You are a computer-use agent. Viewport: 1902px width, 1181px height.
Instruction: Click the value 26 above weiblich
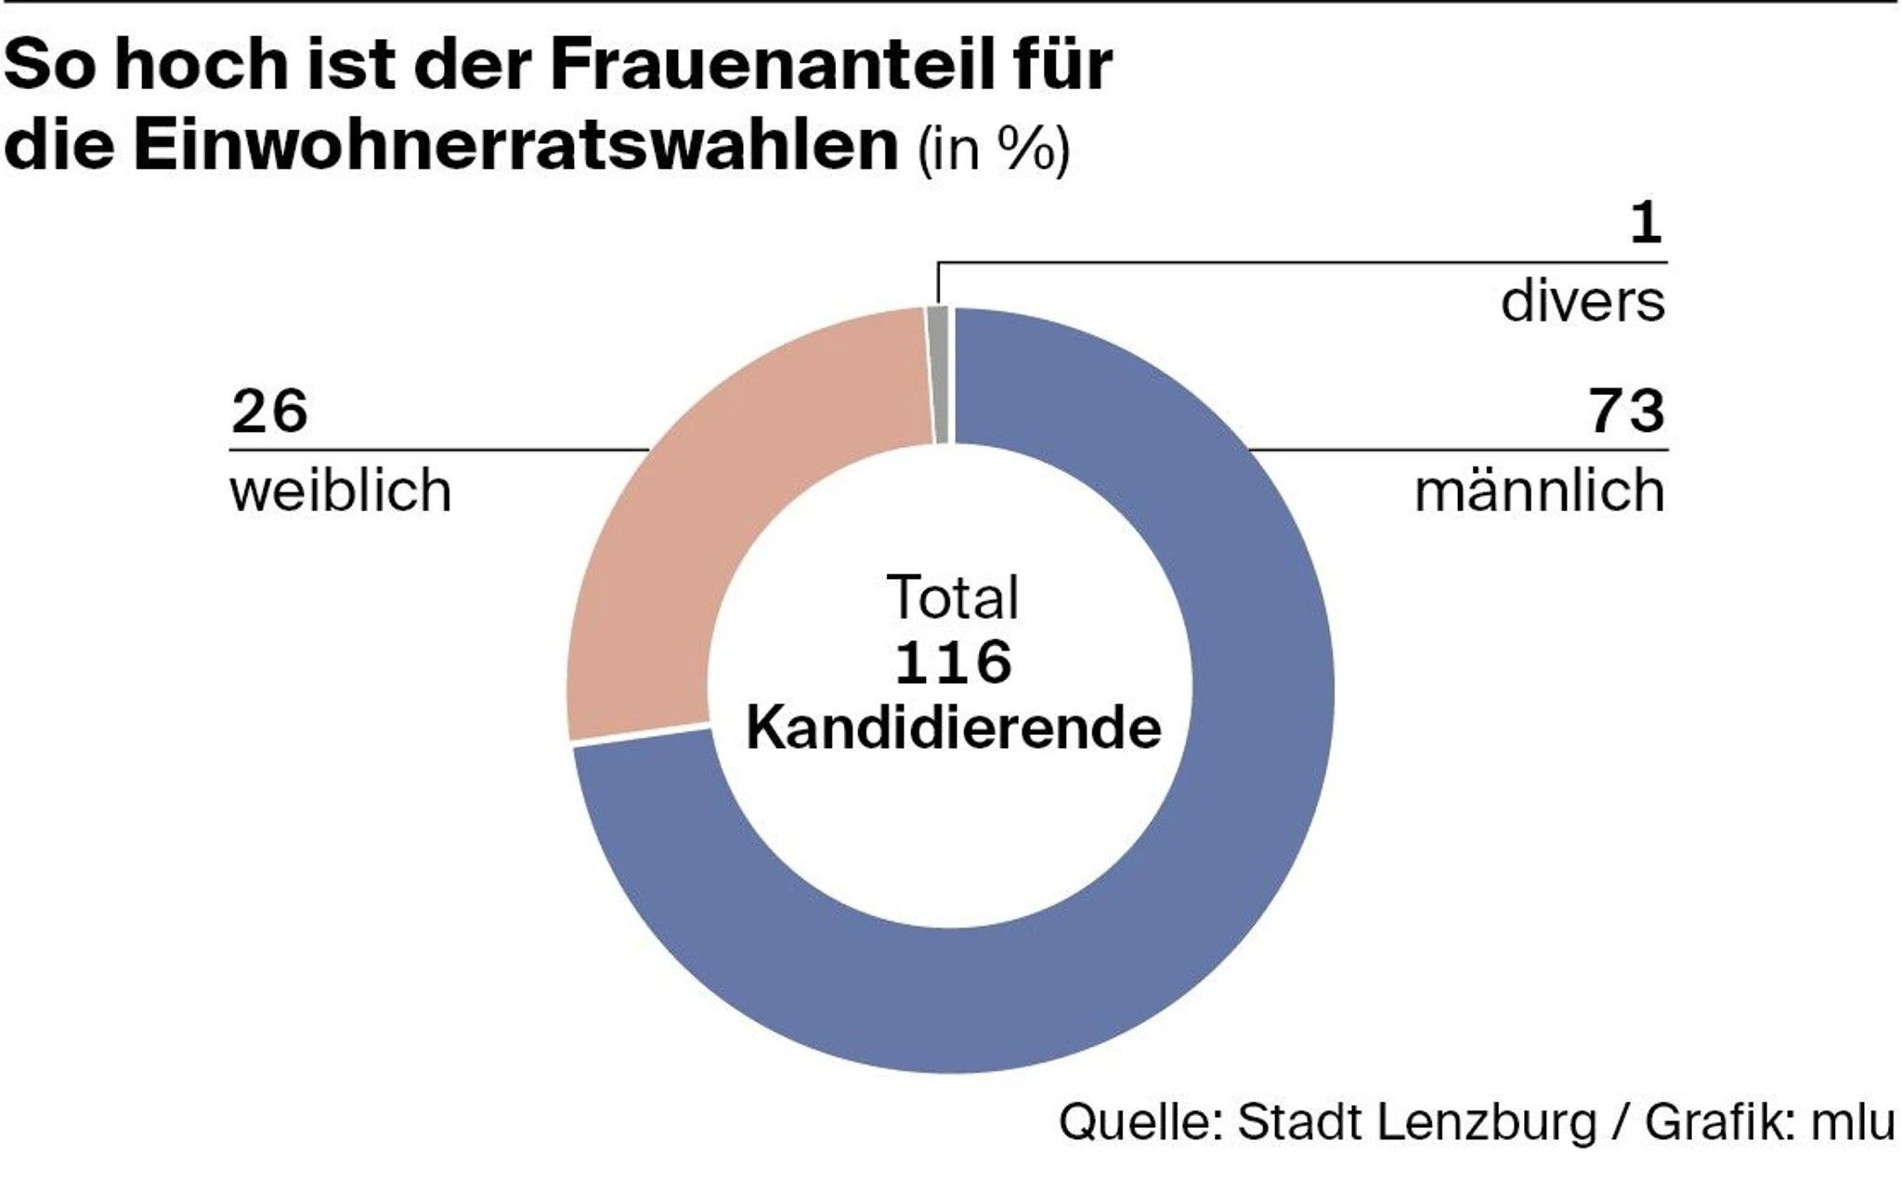coord(269,412)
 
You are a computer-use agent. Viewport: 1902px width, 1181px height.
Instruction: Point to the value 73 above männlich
coord(1626,412)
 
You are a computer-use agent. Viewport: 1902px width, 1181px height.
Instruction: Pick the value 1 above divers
coord(1646,224)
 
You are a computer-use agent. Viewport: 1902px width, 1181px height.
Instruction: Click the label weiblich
coord(341,491)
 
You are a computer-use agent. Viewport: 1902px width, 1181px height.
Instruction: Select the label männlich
coord(1539,491)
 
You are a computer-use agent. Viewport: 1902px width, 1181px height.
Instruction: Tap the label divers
coord(1583,301)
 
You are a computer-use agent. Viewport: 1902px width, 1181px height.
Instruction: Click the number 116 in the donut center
coord(953,663)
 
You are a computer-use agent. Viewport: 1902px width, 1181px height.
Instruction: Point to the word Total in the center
coord(953,597)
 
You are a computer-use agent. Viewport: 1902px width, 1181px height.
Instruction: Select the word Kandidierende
coord(953,728)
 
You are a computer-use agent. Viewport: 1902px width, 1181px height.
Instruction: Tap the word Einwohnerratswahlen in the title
coord(515,146)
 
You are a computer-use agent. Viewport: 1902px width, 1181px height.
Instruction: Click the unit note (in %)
coord(994,149)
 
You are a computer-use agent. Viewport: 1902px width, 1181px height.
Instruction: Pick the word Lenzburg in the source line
coord(1486,1122)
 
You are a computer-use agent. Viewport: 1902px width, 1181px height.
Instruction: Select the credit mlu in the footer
coord(1852,1122)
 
